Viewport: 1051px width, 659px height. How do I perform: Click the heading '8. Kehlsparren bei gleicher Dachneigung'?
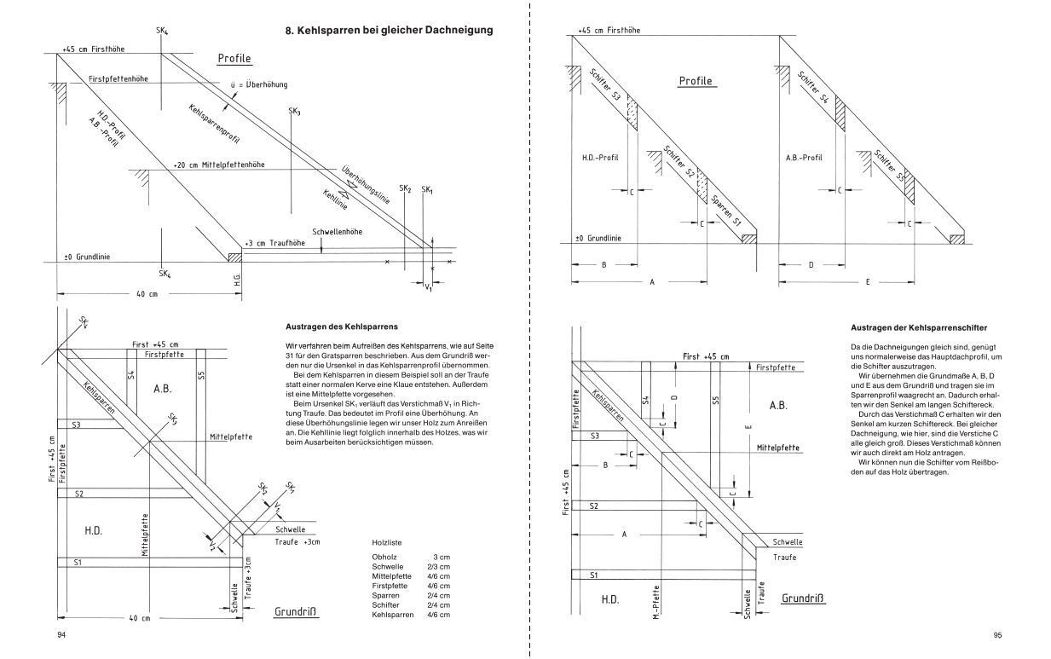(390, 31)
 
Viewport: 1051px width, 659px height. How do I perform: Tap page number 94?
(61, 635)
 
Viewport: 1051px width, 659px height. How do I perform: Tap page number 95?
(997, 635)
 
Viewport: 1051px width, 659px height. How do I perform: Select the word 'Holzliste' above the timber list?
(388, 541)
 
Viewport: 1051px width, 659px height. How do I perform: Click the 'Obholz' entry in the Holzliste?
(384, 556)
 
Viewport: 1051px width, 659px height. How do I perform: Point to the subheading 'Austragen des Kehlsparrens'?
(339, 327)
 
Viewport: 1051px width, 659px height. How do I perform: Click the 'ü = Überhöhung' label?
(259, 84)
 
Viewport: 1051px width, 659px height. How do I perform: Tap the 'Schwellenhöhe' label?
(338, 232)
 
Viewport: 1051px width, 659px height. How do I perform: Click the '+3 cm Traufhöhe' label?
(275, 243)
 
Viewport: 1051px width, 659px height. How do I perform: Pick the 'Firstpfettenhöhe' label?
(118, 78)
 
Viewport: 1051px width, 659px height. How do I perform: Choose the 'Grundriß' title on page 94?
(296, 612)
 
